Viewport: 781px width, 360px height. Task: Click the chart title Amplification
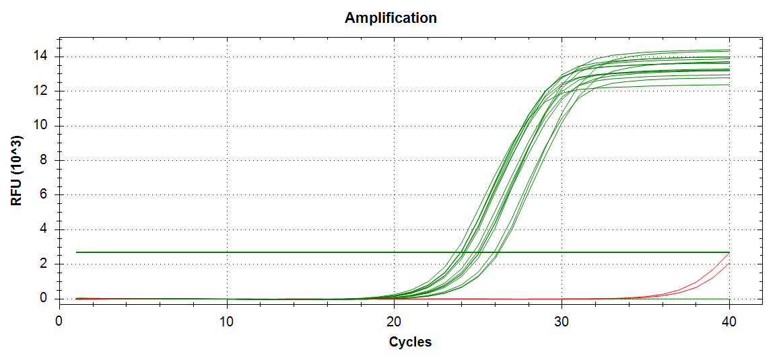pos(390,18)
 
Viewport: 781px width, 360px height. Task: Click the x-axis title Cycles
pos(410,342)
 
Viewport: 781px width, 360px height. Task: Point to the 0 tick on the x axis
pos(59,322)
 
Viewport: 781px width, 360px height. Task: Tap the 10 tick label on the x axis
pos(227,322)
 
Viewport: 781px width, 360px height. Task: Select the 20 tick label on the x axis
pos(394,322)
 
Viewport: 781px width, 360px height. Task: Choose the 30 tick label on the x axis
pos(562,322)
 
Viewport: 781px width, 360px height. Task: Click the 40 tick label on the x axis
pos(728,322)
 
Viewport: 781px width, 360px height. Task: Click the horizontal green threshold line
pos(269,252)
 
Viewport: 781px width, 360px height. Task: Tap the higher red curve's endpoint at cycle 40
pos(728,253)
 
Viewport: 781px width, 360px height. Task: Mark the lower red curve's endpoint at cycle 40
pos(728,264)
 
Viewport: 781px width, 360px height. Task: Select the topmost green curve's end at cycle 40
pos(728,50)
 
